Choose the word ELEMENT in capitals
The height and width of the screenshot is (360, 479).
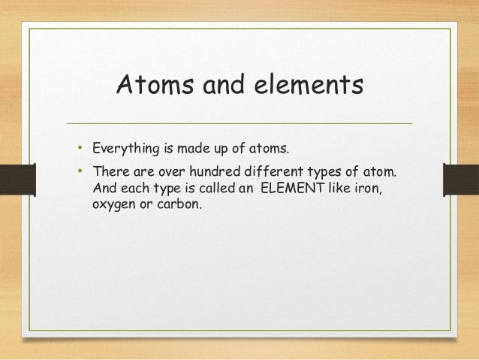click(291, 188)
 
